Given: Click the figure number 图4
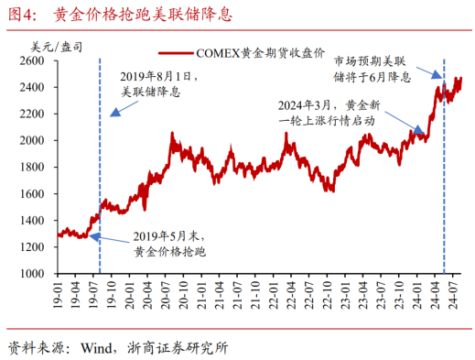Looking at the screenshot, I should (20, 15).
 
